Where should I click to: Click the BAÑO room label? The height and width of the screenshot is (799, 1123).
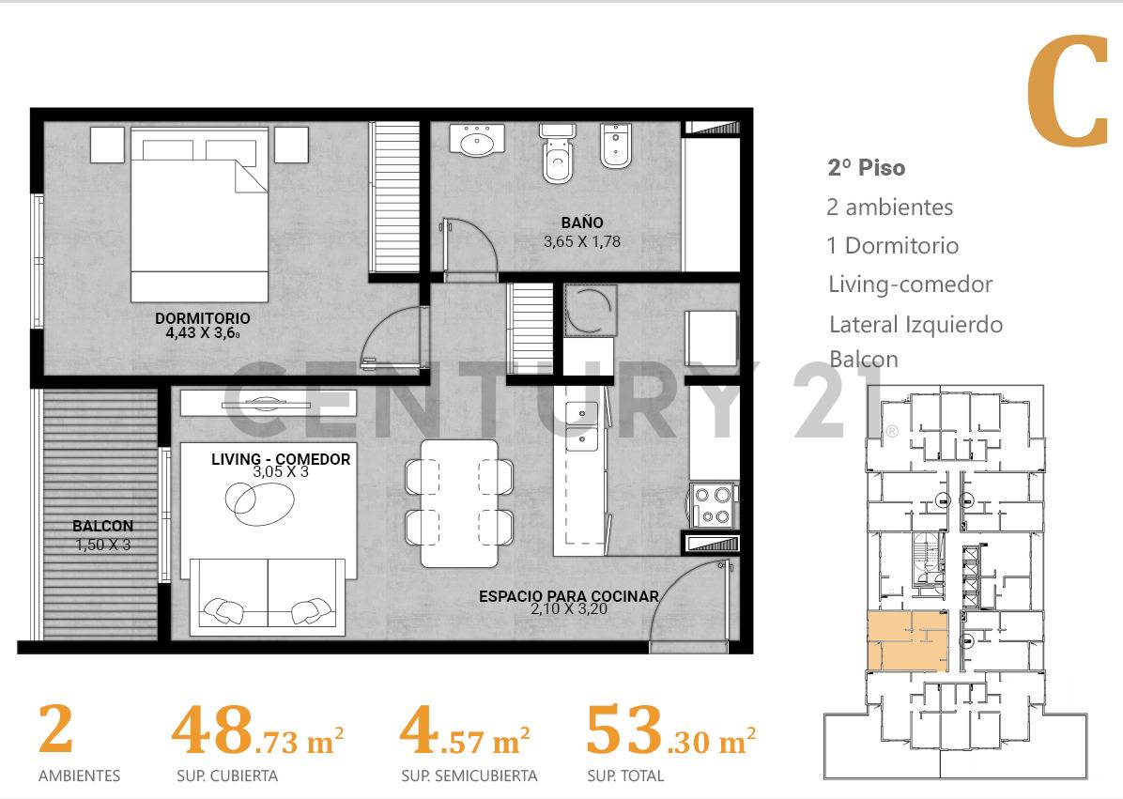(581, 223)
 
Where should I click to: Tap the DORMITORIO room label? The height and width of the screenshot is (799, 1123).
(202, 318)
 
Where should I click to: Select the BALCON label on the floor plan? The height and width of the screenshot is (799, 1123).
(102, 527)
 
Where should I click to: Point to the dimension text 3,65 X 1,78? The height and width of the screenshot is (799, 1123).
(581, 241)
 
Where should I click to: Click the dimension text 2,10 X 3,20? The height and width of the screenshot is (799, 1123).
(569, 609)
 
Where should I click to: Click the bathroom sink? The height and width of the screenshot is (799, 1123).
(478, 140)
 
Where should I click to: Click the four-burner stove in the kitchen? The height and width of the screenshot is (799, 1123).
(712, 505)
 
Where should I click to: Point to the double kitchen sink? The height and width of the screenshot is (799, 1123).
(580, 424)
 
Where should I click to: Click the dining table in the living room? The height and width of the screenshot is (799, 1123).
(458, 502)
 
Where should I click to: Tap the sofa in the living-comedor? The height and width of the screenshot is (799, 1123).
(268, 595)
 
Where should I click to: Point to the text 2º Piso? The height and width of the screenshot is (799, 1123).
(866, 168)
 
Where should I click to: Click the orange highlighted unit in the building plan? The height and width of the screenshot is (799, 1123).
(905, 642)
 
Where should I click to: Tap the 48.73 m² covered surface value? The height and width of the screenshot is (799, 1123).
(257, 732)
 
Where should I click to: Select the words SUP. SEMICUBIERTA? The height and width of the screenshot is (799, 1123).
(469, 776)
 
